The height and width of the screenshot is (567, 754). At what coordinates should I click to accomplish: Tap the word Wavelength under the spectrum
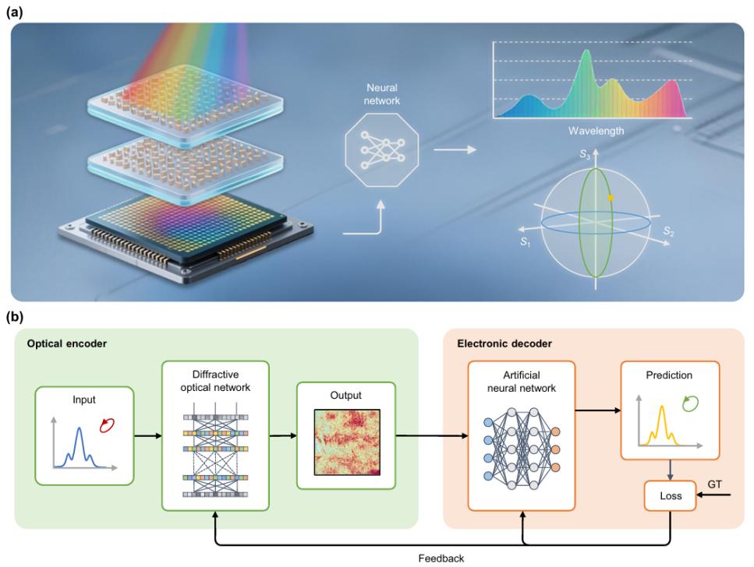(596, 131)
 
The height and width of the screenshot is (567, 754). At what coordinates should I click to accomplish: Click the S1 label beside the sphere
(526, 242)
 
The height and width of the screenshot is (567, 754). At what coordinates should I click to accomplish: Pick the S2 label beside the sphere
(668, 231)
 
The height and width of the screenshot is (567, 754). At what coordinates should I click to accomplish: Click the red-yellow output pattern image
(347, 442)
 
